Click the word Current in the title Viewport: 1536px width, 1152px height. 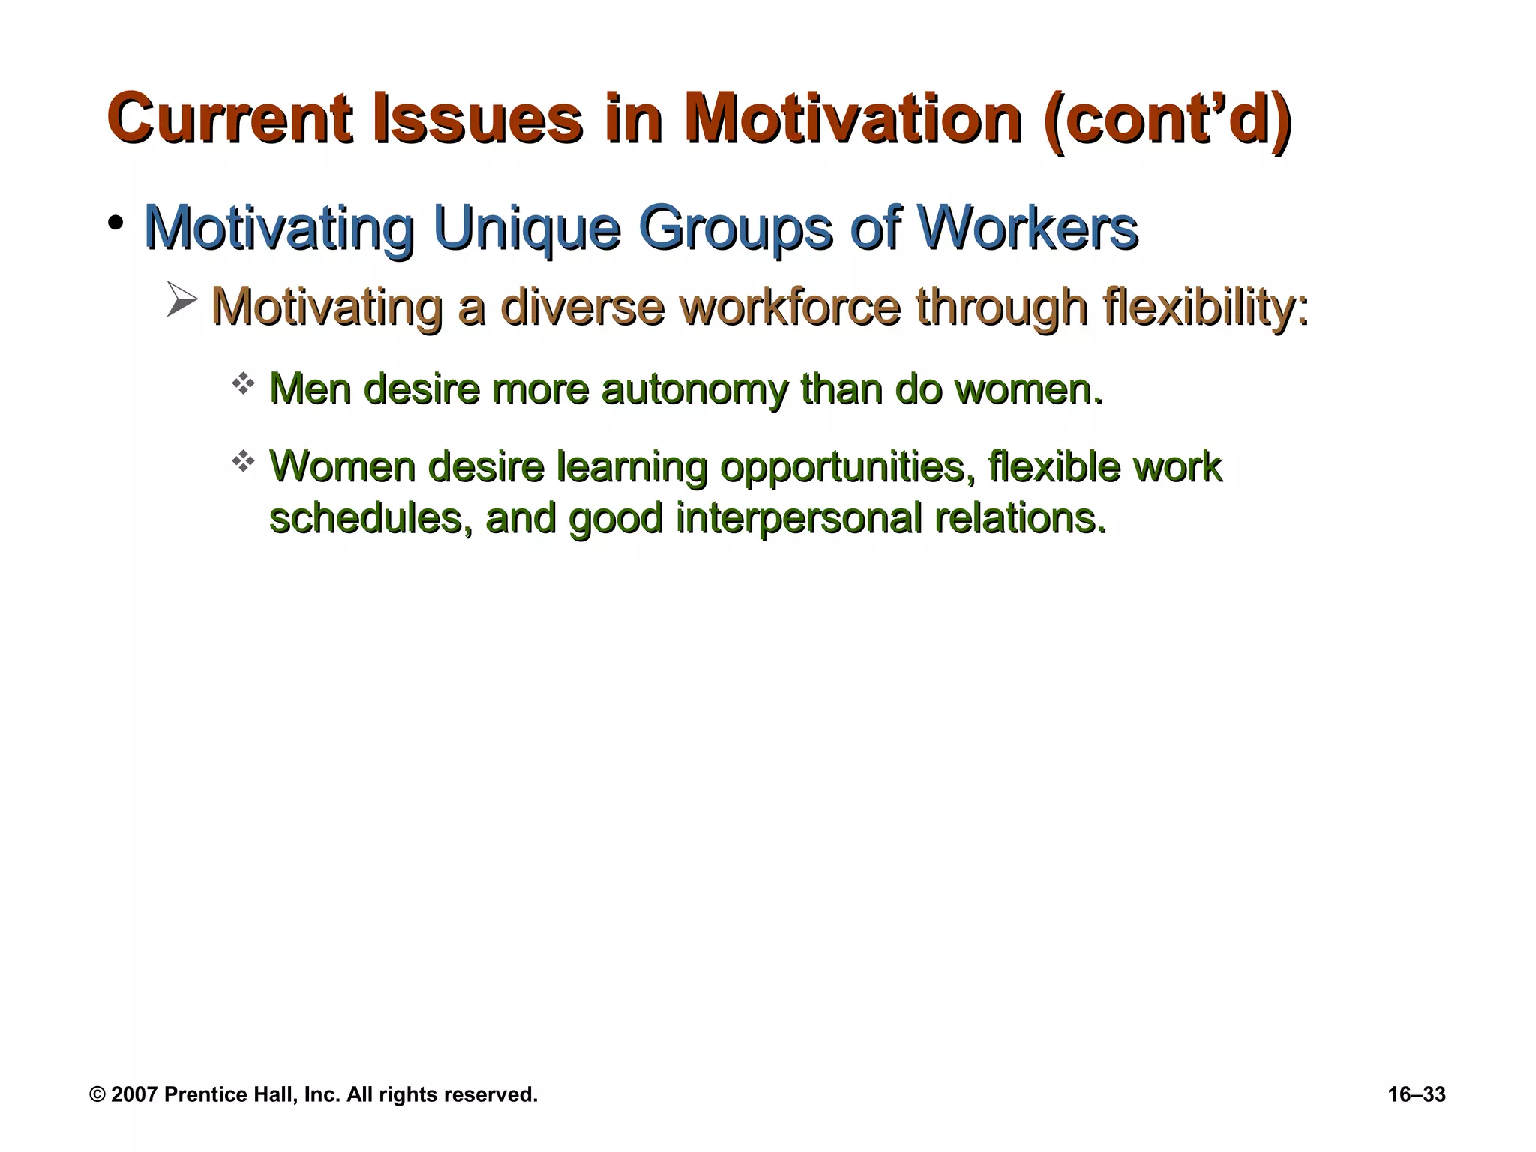[229, 118]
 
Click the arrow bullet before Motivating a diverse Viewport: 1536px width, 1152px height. [181, 300]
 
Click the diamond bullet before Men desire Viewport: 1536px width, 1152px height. [243, 385]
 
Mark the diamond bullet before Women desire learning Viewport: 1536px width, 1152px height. [243, 461]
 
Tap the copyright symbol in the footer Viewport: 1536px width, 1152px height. [97, 1094]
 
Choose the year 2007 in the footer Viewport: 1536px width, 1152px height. [133, 1094]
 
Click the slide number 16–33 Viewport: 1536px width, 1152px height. [1416, 1094]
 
